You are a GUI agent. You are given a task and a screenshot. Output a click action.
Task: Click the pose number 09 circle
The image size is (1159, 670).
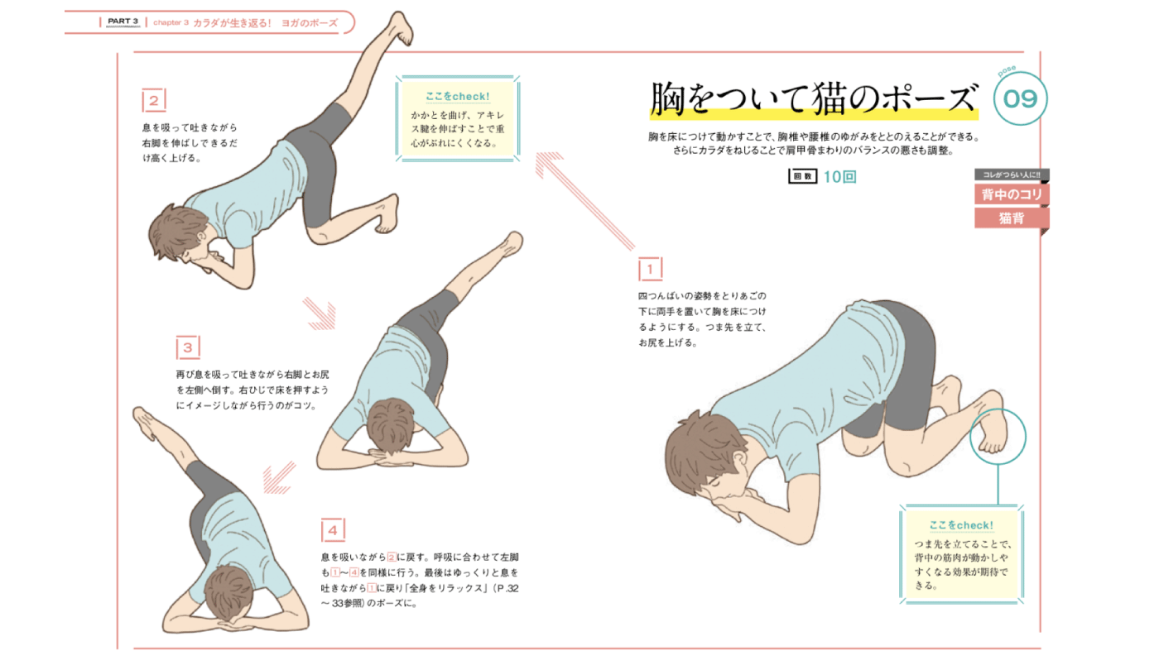pyautogui.click(x=1020, y=98)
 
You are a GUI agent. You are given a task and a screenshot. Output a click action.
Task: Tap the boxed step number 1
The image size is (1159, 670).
pyautogui.click(x=650, y=269)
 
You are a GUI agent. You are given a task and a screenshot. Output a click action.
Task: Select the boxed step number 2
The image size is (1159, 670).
pyautogui.click(x=154, y=100)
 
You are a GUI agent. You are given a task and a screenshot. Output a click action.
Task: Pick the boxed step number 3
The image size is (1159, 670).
pyautogui.click(x=188, y=347)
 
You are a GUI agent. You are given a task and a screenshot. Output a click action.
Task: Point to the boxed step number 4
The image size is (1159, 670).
pyautogui.click(x=333, y=530)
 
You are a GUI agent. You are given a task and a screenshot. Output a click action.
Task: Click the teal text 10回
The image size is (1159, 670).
pyautogui.click(x=839, y=177)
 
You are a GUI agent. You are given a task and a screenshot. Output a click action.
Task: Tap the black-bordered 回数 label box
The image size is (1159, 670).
pyautogui.click(x=802, y=176)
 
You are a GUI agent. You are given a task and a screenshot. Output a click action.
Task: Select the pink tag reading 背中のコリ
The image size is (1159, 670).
pyautogui.click(x=1012, y=194)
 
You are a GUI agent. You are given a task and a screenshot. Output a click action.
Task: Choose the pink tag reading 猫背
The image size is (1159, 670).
pyautogui.click(x=1012, y=218)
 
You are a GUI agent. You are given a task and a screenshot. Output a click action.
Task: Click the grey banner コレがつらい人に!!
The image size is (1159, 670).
pyautogui.click(x=1012, y=175)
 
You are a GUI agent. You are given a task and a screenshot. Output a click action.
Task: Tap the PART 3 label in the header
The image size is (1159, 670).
pyautogui.click(x=123, y=22)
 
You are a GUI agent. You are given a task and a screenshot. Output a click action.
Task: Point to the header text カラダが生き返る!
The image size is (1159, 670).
pyautogui.click(x=232, y=23)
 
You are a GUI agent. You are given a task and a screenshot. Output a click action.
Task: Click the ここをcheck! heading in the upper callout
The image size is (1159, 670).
pyautogui.click(x=457, y=97)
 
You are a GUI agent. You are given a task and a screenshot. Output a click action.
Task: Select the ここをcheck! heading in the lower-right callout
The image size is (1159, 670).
pyautogui.click(x=961, y=525)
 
